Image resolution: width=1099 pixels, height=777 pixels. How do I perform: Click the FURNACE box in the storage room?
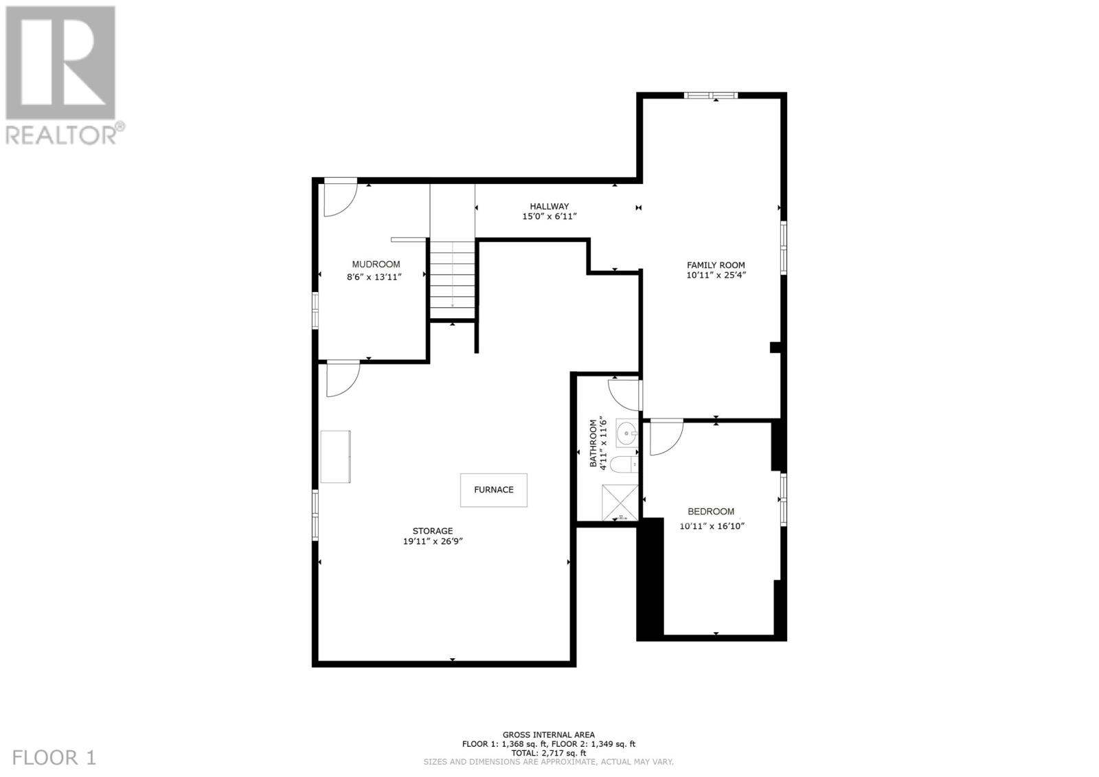tap(493, 490)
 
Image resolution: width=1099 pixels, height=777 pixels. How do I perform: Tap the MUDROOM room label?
tap(376, 264)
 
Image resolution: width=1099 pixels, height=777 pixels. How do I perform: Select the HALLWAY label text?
tap(549, 206)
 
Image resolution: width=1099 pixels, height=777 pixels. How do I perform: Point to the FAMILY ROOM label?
tap(716, 265)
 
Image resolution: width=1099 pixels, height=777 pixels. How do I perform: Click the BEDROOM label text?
tap(711, 511)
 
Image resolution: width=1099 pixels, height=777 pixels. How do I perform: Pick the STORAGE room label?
tap(433, 530)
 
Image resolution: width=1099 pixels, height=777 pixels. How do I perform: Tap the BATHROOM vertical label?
tap(593, 443)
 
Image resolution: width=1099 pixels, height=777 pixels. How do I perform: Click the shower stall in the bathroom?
tap(620, 502)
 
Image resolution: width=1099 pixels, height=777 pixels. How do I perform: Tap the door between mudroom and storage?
tap(343, 379)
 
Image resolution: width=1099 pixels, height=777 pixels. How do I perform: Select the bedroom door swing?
tap(666, 437)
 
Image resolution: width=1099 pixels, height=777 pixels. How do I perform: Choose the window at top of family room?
tap(711, 95)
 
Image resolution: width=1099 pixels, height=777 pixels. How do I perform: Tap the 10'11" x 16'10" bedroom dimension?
tap(712, 527)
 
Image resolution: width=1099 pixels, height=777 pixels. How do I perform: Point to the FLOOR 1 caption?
tap(54, 758)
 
